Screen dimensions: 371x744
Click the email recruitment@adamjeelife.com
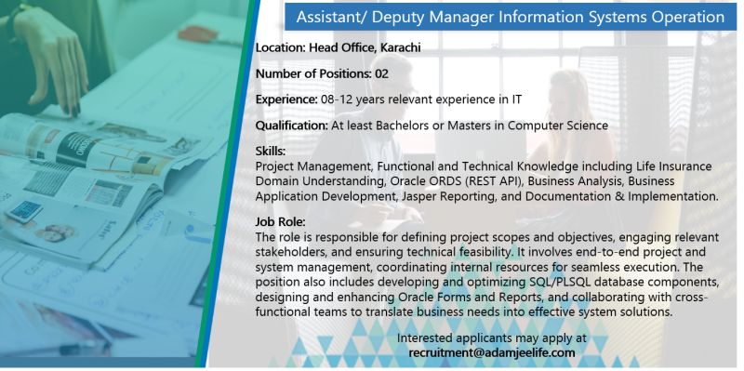[x=492, y=352]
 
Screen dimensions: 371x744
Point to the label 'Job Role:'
[x=280, y=222]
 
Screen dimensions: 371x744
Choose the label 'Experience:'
[x=285, y=98]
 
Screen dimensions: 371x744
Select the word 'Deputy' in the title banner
[x=408, y=17]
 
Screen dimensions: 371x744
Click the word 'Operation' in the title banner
[x=682, y=17]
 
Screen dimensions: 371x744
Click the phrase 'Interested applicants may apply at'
[x=492, y=338]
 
